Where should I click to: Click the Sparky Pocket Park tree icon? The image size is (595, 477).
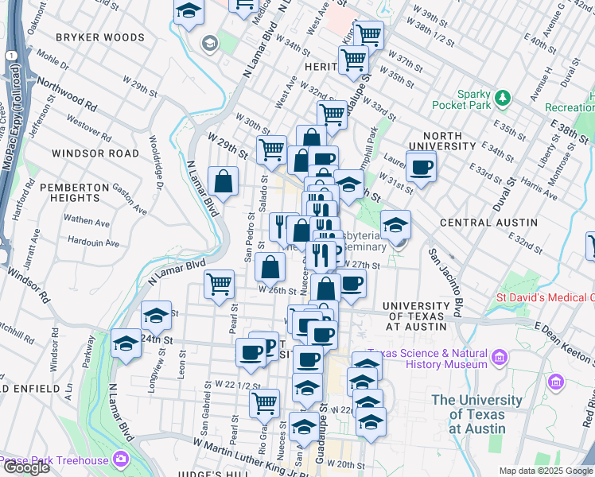pos(502,99)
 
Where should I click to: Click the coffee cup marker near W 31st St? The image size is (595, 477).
pos(422,168)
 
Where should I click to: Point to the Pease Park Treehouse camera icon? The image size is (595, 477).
pos(120,460)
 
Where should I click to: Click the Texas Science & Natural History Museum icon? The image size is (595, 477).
pos(499,358)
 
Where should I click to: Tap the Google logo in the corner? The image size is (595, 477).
pos(26,467)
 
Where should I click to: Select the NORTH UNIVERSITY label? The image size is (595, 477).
pos(441,141)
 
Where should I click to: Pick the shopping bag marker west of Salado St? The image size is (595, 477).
pos(224,180)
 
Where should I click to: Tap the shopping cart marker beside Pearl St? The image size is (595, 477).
pos(219,284)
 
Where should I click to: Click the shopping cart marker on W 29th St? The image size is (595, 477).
pos(272,149)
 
